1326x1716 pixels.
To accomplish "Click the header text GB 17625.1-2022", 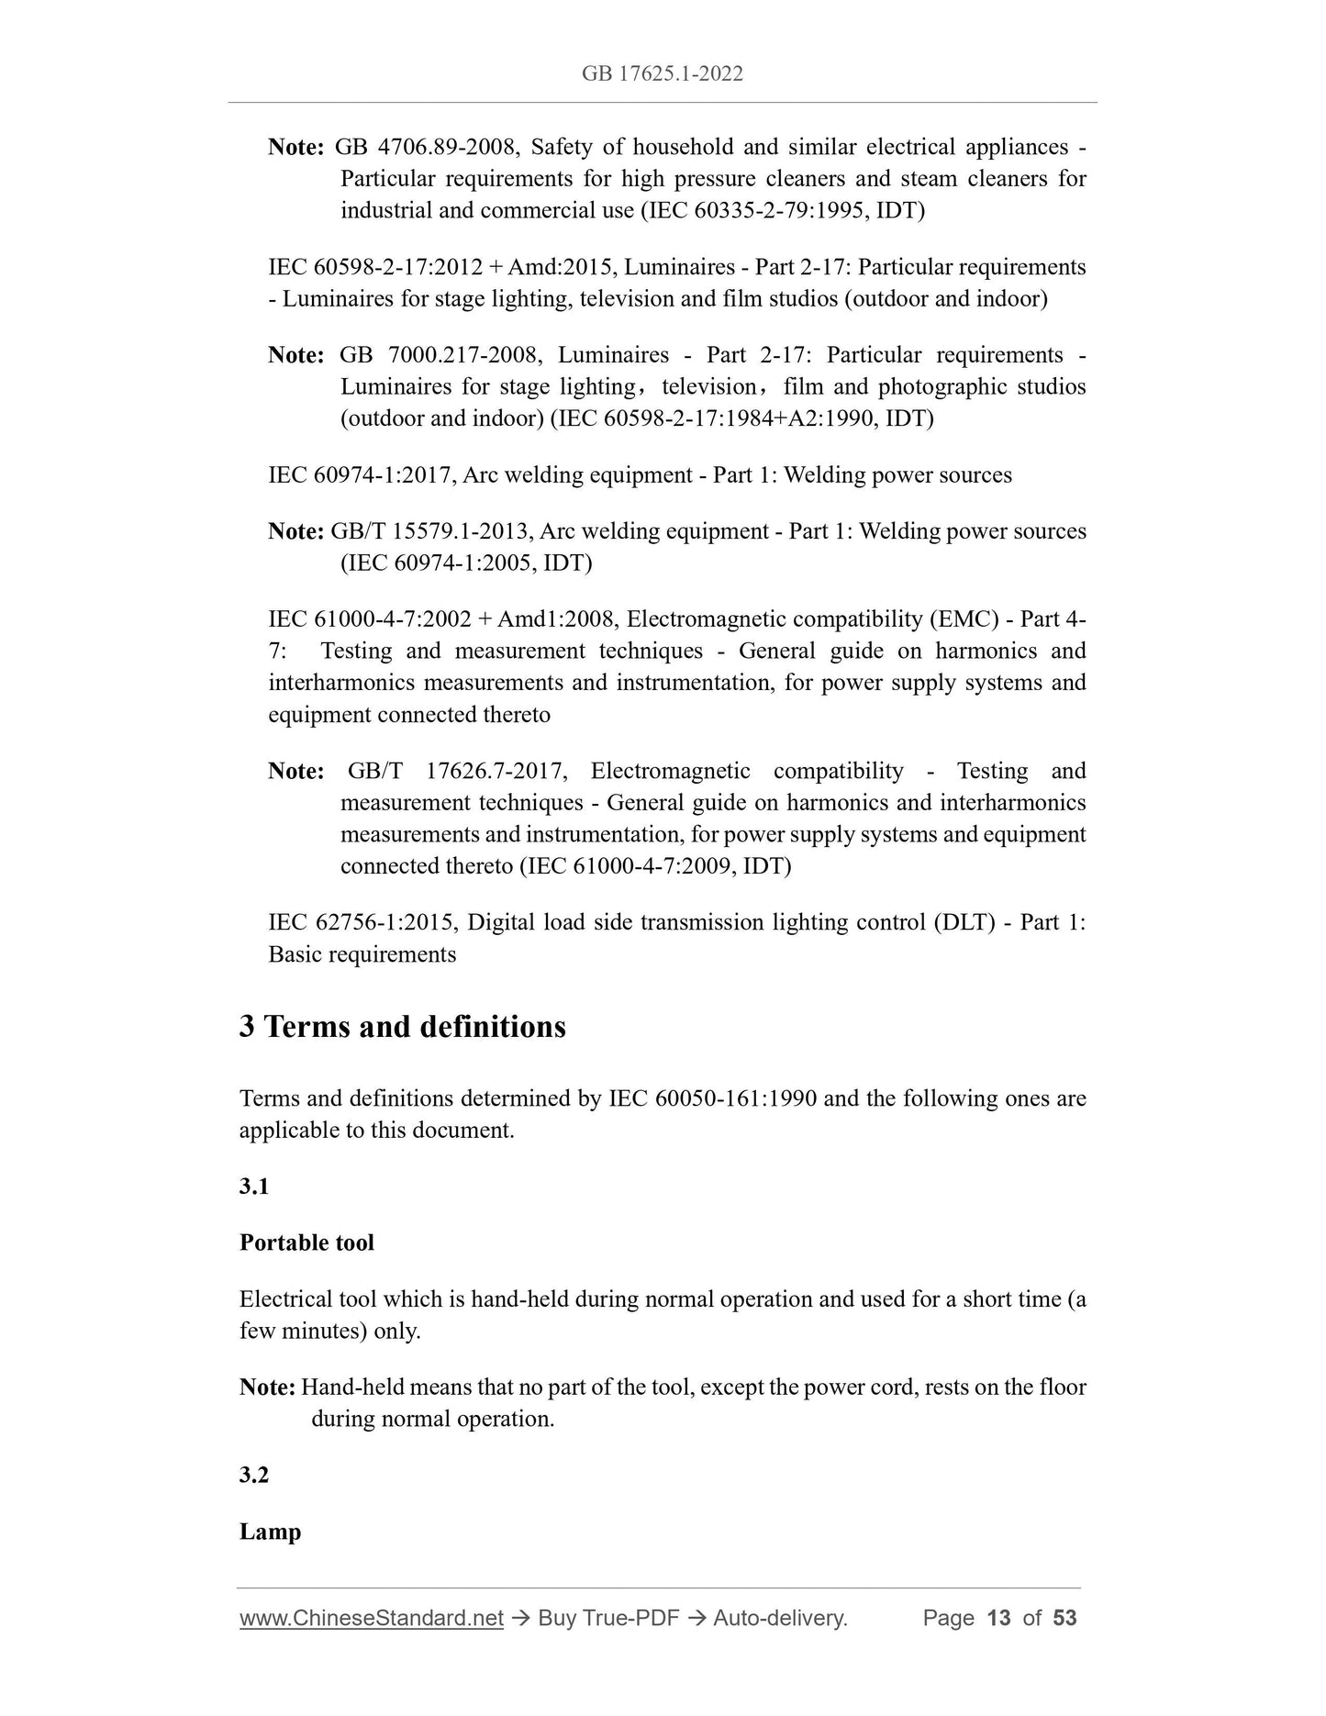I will (662, 73).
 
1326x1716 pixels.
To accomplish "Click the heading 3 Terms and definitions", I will (402, 1026).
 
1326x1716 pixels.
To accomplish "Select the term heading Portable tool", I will (306, 1242).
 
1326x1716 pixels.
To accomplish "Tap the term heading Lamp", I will (270, 1532).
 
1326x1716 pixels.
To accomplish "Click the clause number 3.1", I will (254, 1187).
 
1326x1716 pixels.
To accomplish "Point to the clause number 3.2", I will (254, 1475).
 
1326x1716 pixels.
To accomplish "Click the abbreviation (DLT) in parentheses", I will (964, 922).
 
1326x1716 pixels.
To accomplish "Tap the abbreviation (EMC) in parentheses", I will (964, 619).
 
